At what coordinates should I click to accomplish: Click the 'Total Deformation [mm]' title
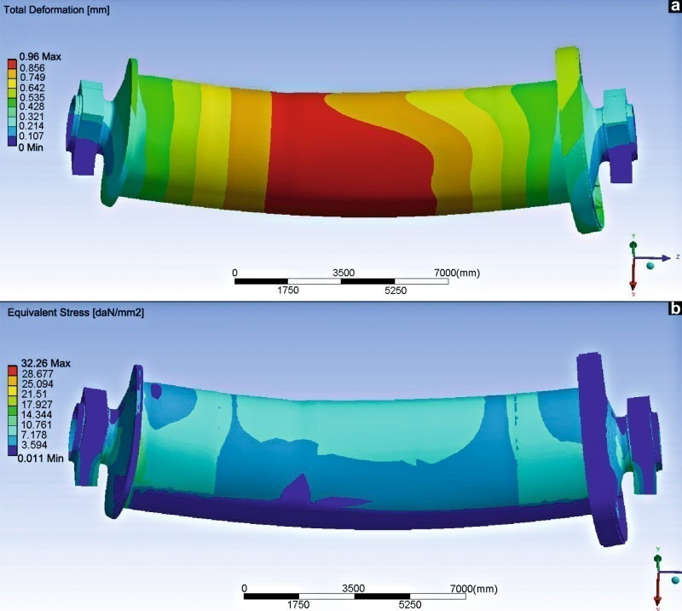[x=56, y=9]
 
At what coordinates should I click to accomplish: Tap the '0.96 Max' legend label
[x=40, y=56]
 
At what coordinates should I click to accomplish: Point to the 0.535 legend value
[x=32, y=97]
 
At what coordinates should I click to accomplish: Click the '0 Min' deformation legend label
[x=31, y=147]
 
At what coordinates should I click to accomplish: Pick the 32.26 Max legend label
[x=46, y=363]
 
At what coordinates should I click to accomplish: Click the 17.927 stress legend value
[x=37, y=405]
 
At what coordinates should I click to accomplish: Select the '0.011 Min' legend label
[x=40, y=458]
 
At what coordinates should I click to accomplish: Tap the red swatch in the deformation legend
[x=12, y=66]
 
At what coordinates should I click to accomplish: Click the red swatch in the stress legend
[x=13, y=371]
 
